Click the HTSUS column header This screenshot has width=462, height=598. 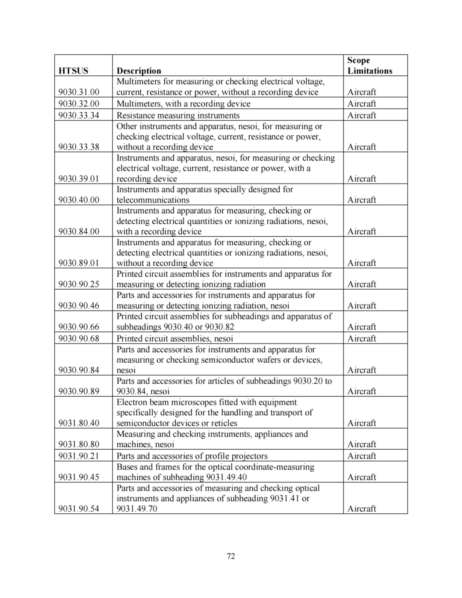(73, 71)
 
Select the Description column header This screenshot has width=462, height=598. (139, 71)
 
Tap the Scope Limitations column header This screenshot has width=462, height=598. (370, 65)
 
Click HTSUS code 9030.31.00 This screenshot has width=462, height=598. (79, 92)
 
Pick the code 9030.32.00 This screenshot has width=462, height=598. (79, 104)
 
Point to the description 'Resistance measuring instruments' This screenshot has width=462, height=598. (178, 115)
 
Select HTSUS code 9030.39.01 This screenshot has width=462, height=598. (79, 179)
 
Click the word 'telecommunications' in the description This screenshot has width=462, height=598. (153, 200)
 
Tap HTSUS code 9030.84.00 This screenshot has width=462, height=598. (79, 231)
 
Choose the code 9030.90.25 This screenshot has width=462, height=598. (79, 284)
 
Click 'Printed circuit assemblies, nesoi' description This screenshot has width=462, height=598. (175, 339)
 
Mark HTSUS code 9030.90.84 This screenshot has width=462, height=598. (79, 370)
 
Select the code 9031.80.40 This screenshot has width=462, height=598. (79, 423)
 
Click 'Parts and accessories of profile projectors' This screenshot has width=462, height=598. (192, 456)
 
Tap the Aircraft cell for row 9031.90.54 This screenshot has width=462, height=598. (361, 509)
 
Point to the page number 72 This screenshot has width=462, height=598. (231, 556)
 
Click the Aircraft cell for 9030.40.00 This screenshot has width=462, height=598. (361, 200)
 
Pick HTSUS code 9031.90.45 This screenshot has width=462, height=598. (79, 477)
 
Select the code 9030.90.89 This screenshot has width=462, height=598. (79, 391)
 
